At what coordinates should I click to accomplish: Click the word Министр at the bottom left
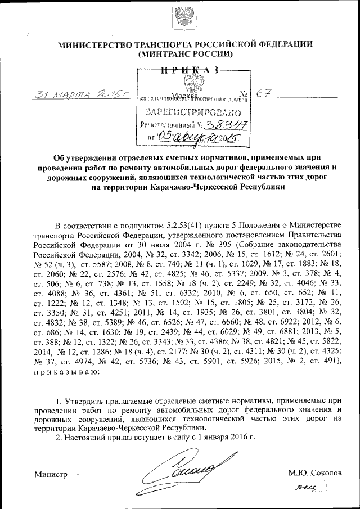51,474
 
